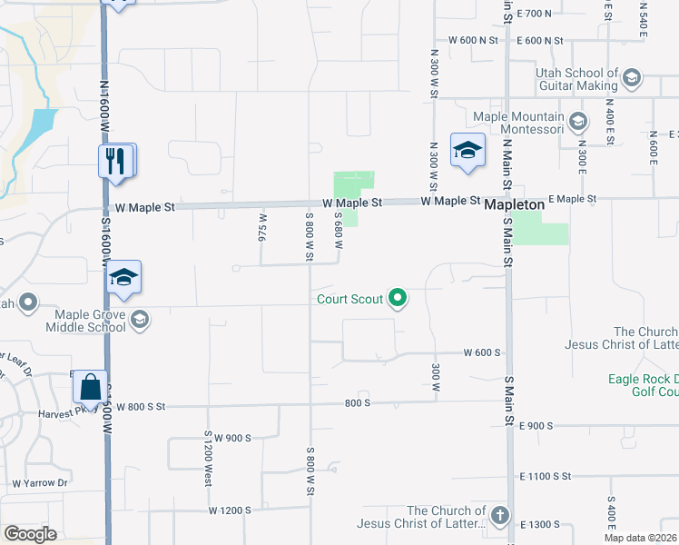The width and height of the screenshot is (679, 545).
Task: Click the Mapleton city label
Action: [514, 205]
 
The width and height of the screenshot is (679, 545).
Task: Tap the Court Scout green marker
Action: [397, 298]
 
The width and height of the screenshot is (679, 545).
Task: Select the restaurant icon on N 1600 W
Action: [116, 162]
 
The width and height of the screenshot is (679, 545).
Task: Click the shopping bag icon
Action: [91, 387]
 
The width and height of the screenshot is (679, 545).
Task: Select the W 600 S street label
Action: [482, 352]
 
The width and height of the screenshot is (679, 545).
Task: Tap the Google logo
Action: [31, 534]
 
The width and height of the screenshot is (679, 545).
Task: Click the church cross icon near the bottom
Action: [499, 517]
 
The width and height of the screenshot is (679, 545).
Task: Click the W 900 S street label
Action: [231, 438]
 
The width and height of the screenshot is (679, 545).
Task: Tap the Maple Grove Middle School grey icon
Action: [140, 319]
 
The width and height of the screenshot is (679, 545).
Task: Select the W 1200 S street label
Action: [229, 510]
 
